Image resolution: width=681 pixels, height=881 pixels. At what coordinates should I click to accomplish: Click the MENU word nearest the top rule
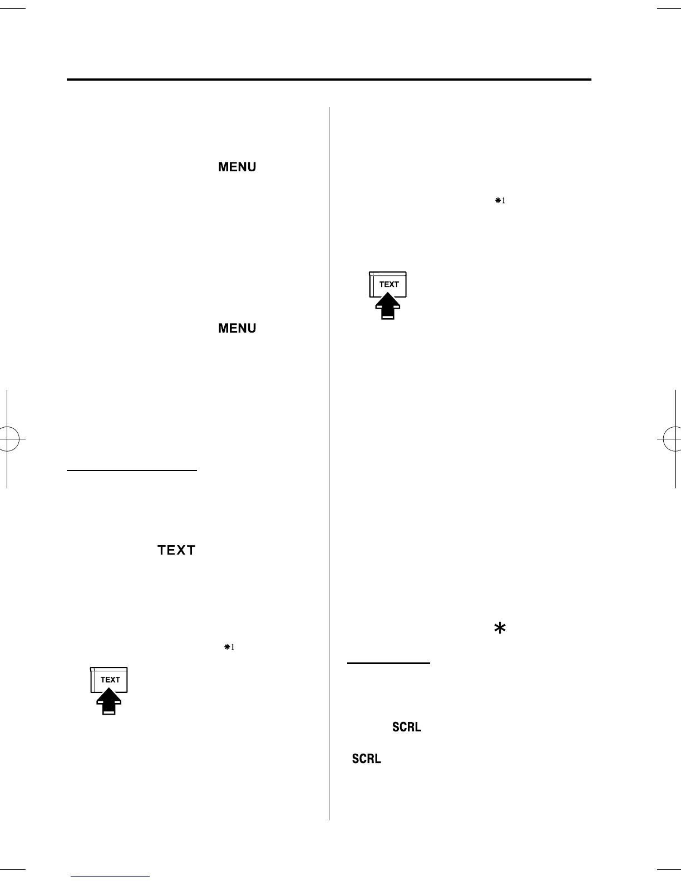point(237,167)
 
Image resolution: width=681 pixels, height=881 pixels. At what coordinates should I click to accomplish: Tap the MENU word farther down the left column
point(237,328)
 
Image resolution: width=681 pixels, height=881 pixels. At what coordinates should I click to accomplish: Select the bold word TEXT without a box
point(176,550)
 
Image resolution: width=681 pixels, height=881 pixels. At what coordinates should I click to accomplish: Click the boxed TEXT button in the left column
point(110,680)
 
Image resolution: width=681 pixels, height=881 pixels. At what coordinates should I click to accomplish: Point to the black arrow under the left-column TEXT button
point(110,702)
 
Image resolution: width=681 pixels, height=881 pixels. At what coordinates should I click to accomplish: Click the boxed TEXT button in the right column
point(388,284)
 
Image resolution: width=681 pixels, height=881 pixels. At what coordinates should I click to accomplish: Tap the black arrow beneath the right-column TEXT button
point(388,306)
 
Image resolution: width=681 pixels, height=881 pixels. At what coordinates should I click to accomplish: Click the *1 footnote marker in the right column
point(500,201)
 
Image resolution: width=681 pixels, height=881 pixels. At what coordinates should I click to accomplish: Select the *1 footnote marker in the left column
point(229,647)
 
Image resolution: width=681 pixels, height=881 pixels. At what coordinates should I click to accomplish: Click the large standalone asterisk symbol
point(500,628)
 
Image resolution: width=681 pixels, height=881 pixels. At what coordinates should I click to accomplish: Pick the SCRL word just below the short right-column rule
point(407,727)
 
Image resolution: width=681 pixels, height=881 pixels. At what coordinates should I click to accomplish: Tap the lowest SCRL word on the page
point(366,759)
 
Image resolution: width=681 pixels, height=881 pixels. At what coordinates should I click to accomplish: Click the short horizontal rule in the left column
point(132,471)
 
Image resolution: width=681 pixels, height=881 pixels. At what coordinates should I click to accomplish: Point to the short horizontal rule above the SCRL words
point(388,663)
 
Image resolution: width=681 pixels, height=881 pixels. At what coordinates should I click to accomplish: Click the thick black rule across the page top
point(328,80)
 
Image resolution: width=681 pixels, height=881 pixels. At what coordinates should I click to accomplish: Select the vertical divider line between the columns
point(329,462)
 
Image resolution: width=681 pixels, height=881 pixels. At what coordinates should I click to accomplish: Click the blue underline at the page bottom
point(110,876)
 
